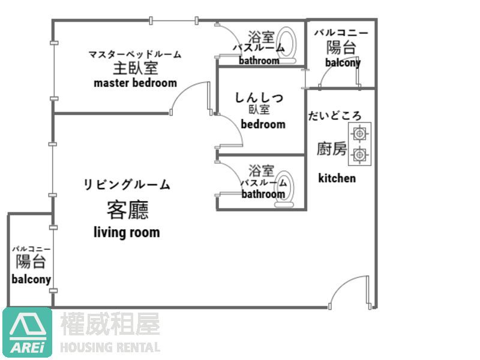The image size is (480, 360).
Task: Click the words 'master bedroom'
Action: pos(135,83)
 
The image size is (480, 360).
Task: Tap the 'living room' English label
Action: pos(127,232)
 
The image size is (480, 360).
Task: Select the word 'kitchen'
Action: pos(337,178)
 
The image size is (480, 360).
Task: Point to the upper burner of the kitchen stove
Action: pos(359,133)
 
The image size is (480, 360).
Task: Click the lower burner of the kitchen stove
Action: pos(359,154)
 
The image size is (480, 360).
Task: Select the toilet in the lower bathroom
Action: pos(284,190)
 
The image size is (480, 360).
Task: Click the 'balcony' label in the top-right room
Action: pos(343,62)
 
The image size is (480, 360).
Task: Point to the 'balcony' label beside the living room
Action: pos(31,279)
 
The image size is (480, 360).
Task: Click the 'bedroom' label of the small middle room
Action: pos(263,124)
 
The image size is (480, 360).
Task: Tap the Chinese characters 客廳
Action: pos(127,210)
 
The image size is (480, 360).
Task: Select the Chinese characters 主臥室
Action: pos(135,68)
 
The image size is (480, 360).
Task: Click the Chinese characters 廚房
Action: pos(332,148)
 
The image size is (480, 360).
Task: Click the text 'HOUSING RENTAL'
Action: pos(110,347)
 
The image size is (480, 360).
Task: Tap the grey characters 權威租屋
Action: pos(110,325)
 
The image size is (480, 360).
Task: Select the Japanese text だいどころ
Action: pos(335,116)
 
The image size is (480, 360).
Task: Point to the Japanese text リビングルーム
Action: pos(127,185)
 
